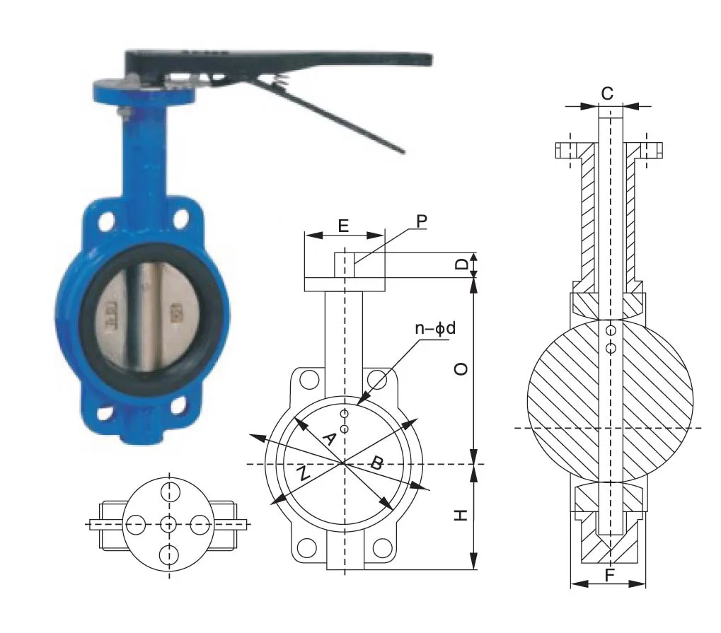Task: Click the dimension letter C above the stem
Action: [x=607, y=93]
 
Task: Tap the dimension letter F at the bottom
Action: [x=609, y=575]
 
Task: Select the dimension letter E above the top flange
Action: [x=343, y=226]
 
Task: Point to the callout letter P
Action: [x=422, y=221]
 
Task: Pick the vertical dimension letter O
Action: [x=461, y=368]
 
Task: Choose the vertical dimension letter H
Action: [x=461, y=515]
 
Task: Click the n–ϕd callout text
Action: [x=435, y=328]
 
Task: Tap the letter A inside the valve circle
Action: [x=328, y=439]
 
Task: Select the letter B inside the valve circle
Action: [x=376, y=463]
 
